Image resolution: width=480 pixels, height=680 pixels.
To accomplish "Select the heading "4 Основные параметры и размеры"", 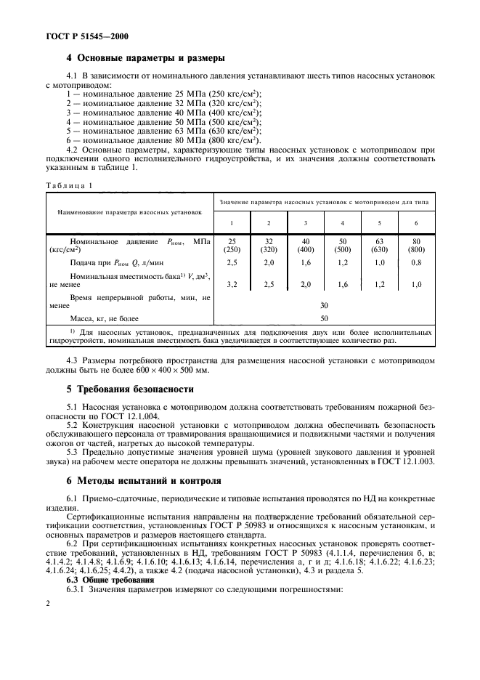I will [145, 58].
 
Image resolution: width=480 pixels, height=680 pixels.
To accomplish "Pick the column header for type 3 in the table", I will [306, 222].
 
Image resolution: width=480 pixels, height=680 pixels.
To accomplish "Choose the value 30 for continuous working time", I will [324, 305].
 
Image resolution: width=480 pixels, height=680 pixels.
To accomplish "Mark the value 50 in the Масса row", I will [324, 318].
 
